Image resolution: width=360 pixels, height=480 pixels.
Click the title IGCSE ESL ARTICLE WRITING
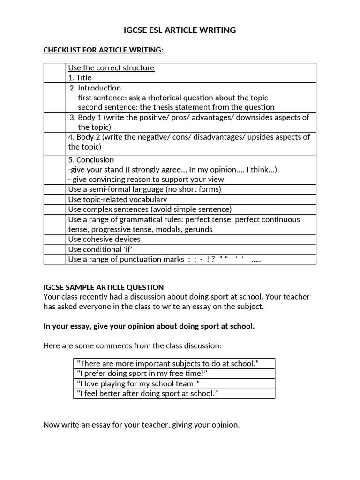[x=180, y=30]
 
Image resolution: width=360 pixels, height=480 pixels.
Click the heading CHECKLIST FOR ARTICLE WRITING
[x=104, y=50]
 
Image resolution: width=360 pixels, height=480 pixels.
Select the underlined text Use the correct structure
[x=111, y=68]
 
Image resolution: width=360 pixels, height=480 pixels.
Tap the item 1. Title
[x=80, y=78]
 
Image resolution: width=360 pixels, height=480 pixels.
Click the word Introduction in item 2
[x=99, y=88]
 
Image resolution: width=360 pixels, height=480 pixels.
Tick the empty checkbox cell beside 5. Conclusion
[x=54, y=169]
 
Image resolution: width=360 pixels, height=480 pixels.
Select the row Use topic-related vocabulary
[x=117, y=199]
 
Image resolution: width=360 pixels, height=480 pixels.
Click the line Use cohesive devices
[x=104, y=239]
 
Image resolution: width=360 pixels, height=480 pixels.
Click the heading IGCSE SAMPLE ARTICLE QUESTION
[x=104, y=287]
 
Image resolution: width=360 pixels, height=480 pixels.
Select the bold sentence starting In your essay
[x=149, y=326]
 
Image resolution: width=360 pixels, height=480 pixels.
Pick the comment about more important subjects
[x=168, y=364]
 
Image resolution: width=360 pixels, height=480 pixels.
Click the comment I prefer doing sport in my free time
[x=142, y=374]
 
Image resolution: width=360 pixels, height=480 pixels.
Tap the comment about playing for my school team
[x=138, y=383]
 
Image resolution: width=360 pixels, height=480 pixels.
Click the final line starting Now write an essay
[x=141, y=425]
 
